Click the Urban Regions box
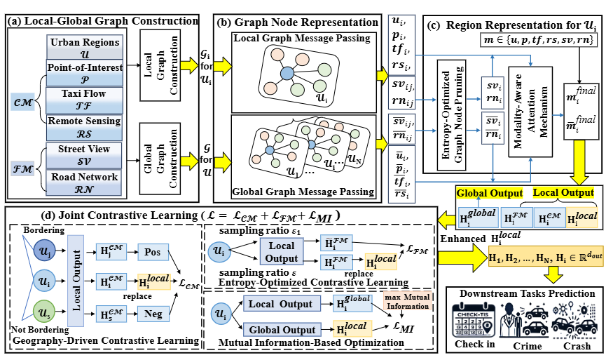coord(84,48)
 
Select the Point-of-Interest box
coord(84,72)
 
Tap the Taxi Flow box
coord(84,98)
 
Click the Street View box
coord(84,154)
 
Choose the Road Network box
coord(84,182)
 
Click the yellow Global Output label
coord(488,192)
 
